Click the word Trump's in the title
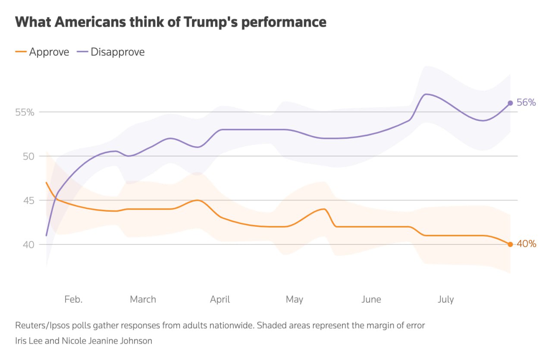(212, 22)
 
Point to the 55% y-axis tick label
(24, 112)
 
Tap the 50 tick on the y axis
(28, 156)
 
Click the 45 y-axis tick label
(28, 200)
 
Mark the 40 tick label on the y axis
(28, 244)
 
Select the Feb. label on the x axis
(73, 299)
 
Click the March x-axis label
(143, 299)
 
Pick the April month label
(220, 299)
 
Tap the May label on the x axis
(295, 299)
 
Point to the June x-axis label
(371, 299)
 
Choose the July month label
(445, 299)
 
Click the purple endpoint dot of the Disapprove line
(510, 103)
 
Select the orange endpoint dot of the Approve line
(510, 244)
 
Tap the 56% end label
(526, 103)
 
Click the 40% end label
(526, 244)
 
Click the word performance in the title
(284, 22)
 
